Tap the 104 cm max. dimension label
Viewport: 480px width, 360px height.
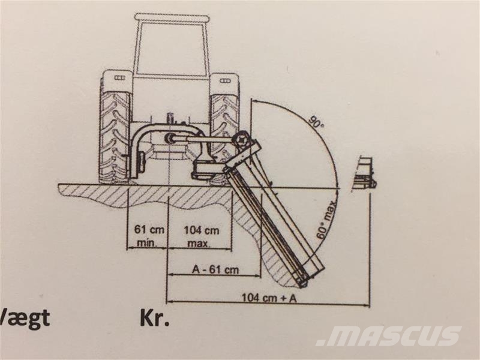tap(202, 236)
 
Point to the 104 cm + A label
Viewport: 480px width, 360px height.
tap(269, 298)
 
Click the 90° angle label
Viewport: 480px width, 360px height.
tap(314, 122)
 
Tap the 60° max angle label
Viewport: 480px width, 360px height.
tap(326, 220)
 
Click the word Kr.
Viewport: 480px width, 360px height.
tap(154, 319)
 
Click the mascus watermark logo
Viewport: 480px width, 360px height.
tap(388, 336)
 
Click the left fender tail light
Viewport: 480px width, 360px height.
tap(119, 78)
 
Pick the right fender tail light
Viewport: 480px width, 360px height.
tap(225, 80)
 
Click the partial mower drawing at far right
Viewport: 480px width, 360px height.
tap(365, 174)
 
